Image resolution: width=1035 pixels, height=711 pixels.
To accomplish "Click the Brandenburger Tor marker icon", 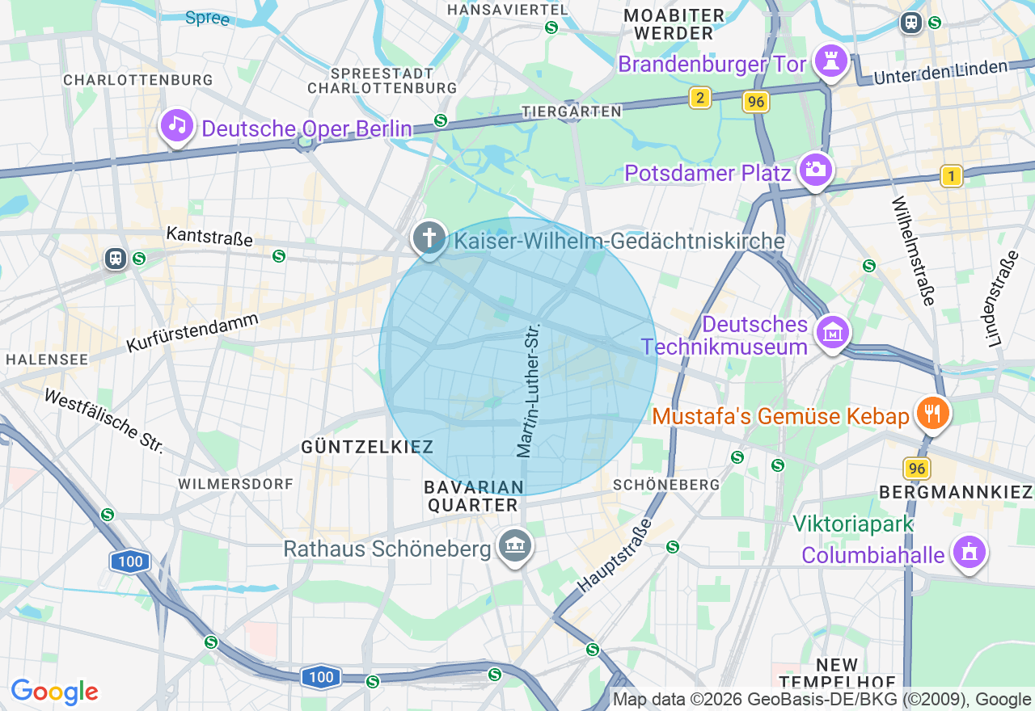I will (831, 60).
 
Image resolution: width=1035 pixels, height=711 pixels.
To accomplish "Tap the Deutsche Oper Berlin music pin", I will (177, 125).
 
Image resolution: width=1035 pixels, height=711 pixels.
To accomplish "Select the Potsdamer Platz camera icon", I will (815, 169).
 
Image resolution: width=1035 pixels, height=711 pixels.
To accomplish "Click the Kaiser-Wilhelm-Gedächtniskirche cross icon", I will (429, 238).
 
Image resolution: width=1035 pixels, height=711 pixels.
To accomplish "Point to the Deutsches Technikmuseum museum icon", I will (832, 331).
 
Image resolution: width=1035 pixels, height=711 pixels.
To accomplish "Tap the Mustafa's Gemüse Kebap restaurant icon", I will (932, 413).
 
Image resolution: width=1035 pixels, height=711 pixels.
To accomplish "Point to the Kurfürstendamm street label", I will (192, 332).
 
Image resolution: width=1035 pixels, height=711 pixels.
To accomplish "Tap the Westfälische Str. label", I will (104, 420).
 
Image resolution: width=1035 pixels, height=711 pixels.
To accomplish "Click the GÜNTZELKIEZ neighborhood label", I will (367, 447).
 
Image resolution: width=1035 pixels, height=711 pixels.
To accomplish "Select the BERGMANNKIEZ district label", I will (956, 491).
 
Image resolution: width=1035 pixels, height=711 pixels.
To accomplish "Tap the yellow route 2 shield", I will (700, 99).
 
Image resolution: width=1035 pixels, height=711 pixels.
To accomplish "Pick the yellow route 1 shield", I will (952, 176).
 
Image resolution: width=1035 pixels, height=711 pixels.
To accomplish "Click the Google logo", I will (54, 692).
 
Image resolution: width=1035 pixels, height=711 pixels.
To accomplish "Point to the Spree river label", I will (207, 18).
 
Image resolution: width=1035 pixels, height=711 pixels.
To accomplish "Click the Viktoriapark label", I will (853, 524).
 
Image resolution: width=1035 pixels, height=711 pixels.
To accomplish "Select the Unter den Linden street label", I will (941, 72).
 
